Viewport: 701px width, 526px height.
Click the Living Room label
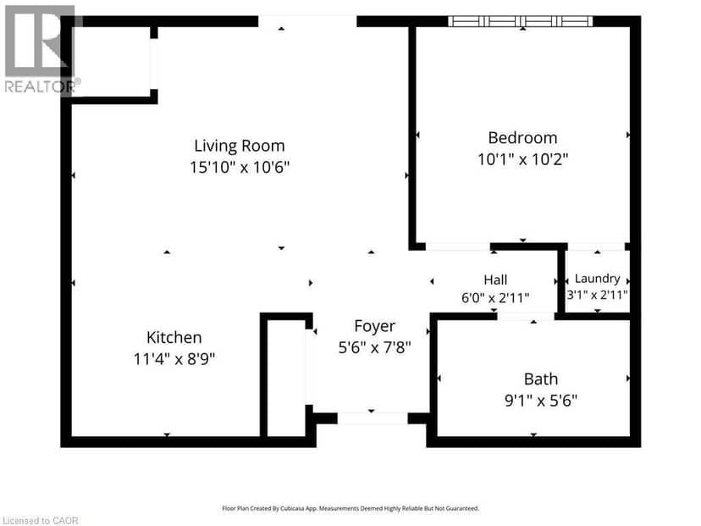coord(240,146)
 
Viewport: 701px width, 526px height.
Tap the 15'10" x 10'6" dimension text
coord(240,167)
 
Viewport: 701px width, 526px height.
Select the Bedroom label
coord(522,138)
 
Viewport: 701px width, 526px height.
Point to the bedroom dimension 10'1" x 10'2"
coord(522,159)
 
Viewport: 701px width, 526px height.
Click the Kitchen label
coord(174,337)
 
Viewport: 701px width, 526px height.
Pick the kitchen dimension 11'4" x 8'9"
coord(174,359)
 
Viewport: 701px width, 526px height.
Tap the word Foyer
coord(375,326)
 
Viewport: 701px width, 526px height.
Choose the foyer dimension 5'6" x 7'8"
coord(375,347)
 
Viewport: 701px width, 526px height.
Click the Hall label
coord(495,280)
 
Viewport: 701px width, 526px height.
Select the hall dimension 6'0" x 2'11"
coord(495,297)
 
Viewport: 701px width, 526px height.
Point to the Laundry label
coord(597,279)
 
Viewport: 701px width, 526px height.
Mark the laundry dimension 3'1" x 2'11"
coord(597,296)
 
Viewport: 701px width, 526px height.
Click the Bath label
coord(541,379)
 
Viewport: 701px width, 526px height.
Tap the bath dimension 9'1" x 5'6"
coord(541,401)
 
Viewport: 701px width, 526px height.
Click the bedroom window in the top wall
coord(521,21)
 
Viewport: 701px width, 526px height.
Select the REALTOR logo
coord(41,49)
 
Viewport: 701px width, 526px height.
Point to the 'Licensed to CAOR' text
coord(41,521)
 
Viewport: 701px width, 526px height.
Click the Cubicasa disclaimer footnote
coord(350,508)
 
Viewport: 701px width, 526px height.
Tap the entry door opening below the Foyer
coord(373,418)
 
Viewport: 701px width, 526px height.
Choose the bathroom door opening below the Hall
coord(526,316)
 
